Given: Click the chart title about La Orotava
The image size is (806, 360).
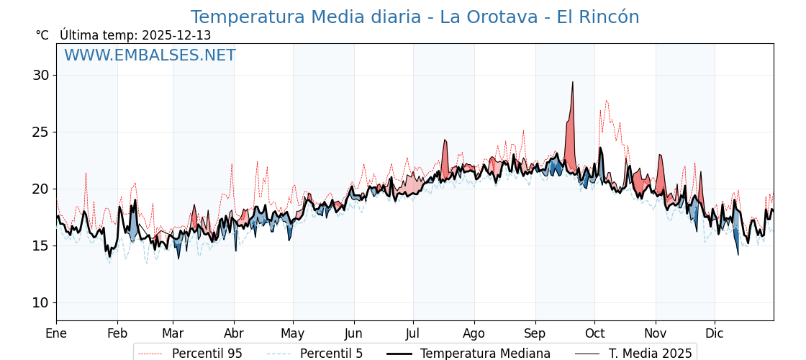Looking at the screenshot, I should (415, 17).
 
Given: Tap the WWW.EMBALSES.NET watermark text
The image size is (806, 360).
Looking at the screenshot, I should (150, 55).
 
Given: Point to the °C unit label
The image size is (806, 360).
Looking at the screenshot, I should (42, 35).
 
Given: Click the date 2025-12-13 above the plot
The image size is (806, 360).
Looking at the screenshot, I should (176, 35).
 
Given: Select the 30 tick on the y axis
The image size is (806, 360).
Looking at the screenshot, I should (41, 75).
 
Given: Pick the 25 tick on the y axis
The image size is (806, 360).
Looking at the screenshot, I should (41, 132).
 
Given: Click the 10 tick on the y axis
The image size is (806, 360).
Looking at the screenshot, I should (41, 302).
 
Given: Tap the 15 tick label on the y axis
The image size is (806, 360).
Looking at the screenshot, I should (41, 246).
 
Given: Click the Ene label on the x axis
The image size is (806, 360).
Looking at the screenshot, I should (56, 333).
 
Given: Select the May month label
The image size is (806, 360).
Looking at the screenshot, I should (293, 333).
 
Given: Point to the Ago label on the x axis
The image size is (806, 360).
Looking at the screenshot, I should (474, 333).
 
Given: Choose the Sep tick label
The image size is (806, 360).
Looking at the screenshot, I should (535, 333).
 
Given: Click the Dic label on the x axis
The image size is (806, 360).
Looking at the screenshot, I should (715, 333).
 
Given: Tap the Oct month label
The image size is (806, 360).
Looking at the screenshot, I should (594, 333).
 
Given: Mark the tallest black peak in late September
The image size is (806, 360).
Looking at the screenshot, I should (573, 82).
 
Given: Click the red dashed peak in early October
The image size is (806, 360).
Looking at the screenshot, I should (607, 101).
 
